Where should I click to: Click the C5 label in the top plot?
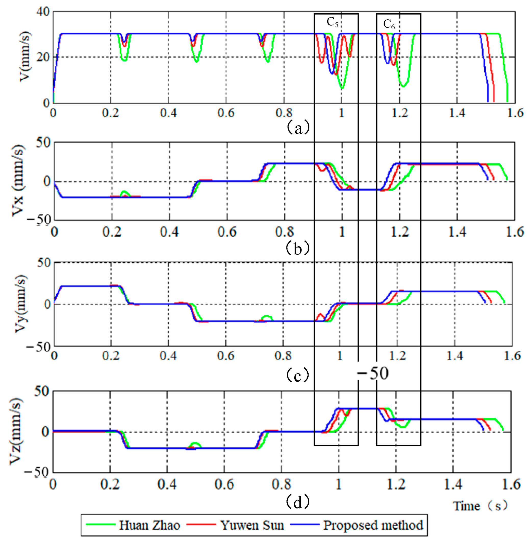click(x=332, y=22)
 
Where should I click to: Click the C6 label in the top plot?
click(x=389, y=24)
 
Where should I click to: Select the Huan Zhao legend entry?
click(x=149, y=526)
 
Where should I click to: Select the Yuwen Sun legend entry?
click(x=252, y=526)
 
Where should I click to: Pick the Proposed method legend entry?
click(x=373, y=526)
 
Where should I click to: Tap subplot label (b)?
click(x=297, y=248)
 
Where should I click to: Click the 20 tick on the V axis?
click(x=43, y=57)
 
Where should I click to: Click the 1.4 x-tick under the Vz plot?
click(x=453, y=484)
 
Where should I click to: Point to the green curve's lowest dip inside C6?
click(x=403, y=86)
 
